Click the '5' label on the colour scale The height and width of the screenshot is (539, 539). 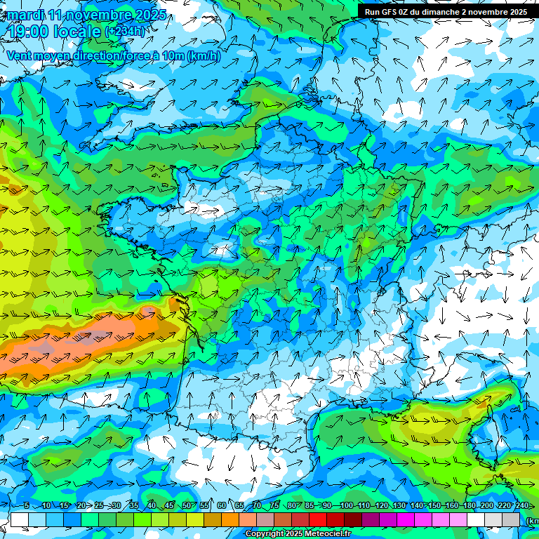click(x=26, y=506)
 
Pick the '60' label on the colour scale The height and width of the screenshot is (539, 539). click(x=222, y=506)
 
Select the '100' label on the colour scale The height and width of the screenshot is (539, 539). click(x=346, y=506)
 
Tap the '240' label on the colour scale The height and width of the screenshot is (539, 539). click(x=522, y=506)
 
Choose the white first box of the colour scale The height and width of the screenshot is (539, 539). click(x=20, y=519)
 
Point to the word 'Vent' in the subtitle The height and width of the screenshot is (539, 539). click(x=20, y=56)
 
